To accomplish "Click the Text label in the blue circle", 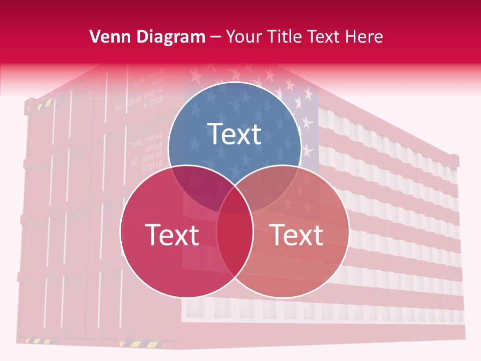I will [234, 134].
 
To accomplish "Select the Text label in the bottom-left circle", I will [172, 235].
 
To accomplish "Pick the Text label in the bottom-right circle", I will [296, 235].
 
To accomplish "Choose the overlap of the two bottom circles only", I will [234, 246].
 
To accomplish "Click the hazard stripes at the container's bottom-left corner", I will [33, 341].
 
